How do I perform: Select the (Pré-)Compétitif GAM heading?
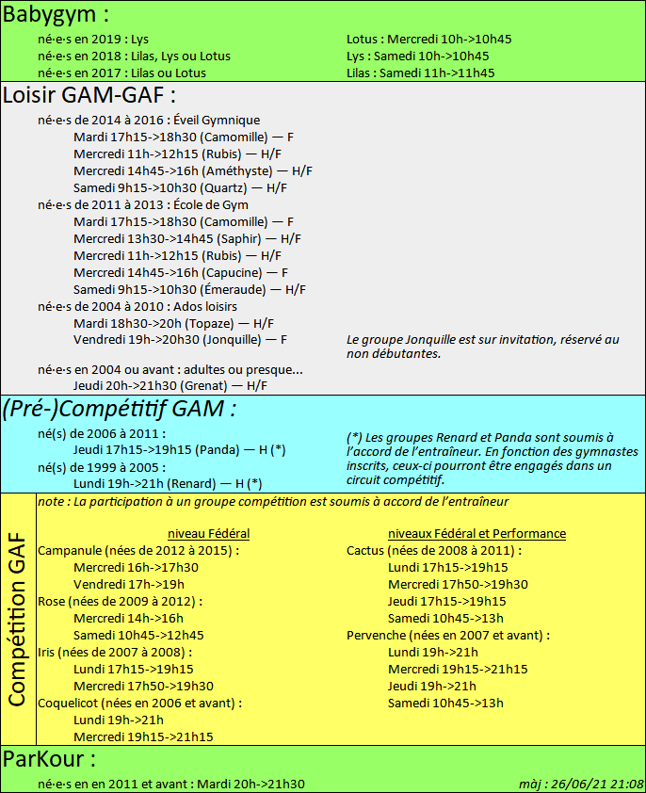coord(119,409)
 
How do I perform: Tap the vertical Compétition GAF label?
coord(17,618)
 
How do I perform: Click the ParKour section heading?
coord(49,759)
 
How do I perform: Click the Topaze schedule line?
coord(174,323)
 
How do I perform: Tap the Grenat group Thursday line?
coord(170,385)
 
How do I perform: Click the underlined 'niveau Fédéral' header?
coord(208,533)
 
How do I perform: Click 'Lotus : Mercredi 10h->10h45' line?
coord(428,40)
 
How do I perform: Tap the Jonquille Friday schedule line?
coord(180,340)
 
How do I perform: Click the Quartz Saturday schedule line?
coord(180,187)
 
